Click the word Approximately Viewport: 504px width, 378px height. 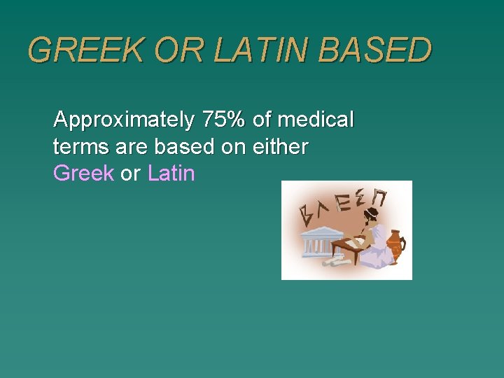[x=124, y=120]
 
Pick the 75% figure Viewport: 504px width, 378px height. [x=223, y=120]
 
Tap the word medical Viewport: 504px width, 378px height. [x=316, y=120]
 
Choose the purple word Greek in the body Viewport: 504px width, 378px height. [x=83, y=174]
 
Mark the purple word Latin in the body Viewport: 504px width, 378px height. [x=171, y=174]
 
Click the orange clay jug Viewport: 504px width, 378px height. [x=395, y=246]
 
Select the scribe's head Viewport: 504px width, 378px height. [x=370, y=213]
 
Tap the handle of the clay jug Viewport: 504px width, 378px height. [x=402, y=245]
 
